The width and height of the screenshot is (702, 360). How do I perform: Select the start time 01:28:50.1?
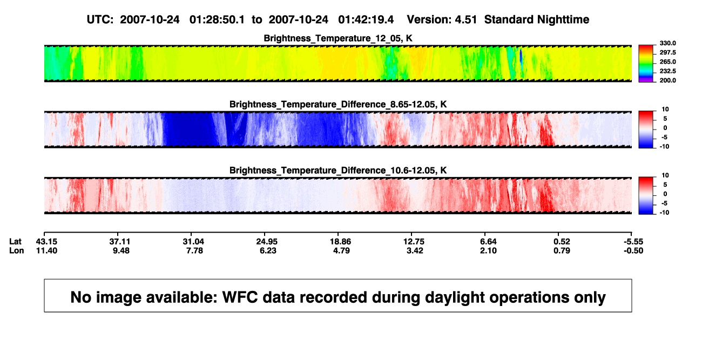pos(217,19)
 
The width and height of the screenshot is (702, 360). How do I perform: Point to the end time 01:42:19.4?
pos(366,19)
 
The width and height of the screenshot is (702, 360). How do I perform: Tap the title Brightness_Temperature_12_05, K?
pos(338,38)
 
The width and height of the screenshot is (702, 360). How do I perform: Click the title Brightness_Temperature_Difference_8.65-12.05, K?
pos(338,104)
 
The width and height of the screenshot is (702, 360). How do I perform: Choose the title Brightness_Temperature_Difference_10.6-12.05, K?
pos(338,171)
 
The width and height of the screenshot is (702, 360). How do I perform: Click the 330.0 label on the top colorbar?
pos(667,43)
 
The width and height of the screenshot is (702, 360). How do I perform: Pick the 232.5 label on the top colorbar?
pos(667,71)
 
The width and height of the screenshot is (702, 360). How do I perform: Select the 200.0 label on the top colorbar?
pos(667,80)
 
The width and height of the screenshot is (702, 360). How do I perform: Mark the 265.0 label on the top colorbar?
pos(667,62)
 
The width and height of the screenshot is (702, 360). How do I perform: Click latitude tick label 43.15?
pos(46,242)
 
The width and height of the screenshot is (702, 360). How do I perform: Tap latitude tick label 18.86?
pos(340,242)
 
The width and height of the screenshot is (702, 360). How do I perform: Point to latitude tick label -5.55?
pos(633,242)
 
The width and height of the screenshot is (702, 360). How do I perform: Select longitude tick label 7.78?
pos(194,250)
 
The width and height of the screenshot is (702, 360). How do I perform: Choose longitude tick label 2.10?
pos(488,250)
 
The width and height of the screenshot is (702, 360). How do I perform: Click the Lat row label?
pos(15,242)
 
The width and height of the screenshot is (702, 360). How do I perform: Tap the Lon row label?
pos(17,250)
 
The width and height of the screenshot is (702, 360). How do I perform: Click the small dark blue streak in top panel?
pos(521,57)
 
